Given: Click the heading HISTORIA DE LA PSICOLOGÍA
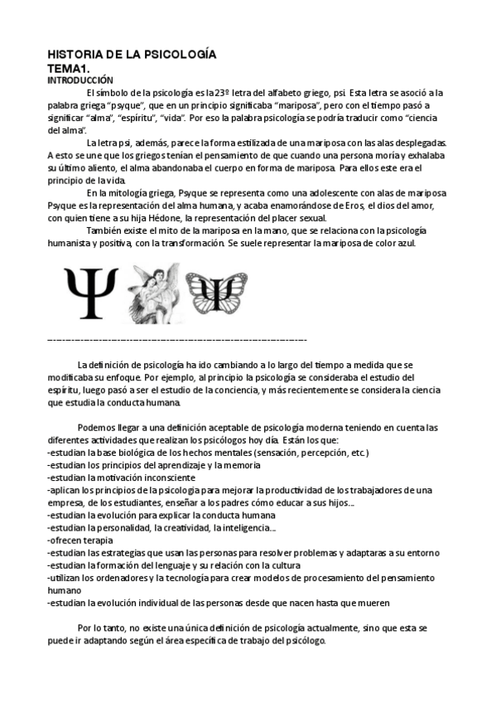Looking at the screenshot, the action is click(132, 55).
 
